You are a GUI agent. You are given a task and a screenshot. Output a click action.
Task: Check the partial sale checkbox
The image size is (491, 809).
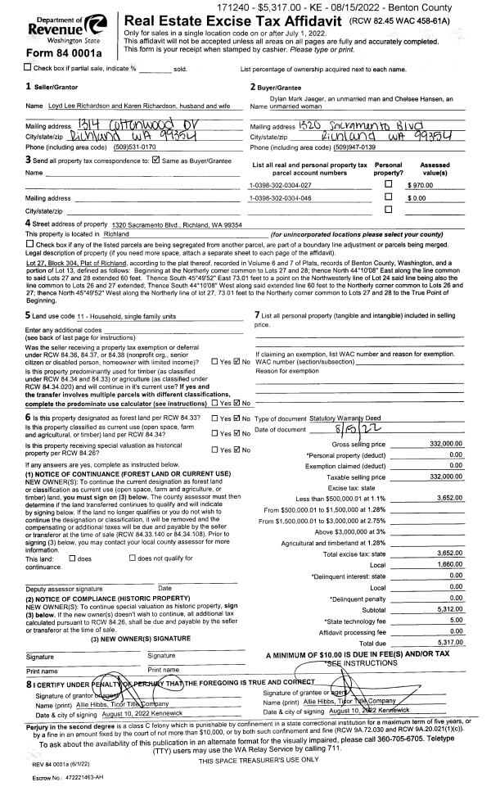point(7,67)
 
